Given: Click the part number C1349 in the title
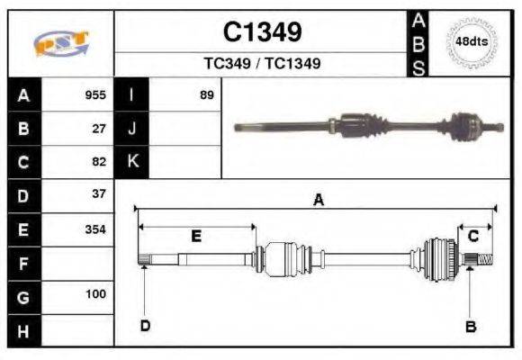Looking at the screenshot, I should [262, 32].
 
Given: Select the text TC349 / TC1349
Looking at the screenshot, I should [262, 64].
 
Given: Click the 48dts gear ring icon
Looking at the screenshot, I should [472, 41].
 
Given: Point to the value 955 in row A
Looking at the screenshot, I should [95, 94].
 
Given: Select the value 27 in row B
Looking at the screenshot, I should [100, 129].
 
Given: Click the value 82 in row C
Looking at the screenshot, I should [100, 162].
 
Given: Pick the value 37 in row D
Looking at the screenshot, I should [100, 193].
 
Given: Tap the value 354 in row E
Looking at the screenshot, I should [95, 229].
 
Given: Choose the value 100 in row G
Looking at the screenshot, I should [95, 294].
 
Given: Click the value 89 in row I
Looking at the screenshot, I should [206, 94].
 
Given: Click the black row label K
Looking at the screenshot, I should [132, 162].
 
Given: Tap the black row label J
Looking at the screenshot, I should [132, 129].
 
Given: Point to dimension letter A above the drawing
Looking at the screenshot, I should [317, 201].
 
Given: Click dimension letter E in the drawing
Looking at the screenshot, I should [196, 236].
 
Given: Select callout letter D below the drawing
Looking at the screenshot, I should [145, 325].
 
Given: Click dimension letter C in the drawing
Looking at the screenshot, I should [472, 236].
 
